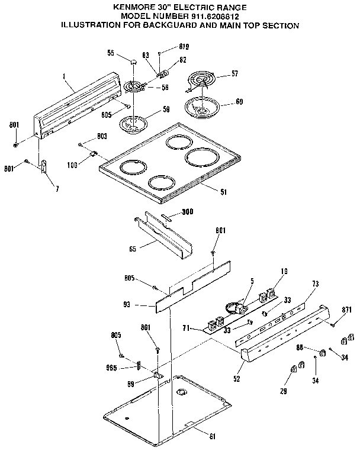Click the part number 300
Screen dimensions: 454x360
188,212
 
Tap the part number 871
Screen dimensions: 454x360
347,310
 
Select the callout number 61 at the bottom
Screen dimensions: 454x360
212,437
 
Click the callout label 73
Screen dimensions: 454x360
315,285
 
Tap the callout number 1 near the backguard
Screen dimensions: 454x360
63,76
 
